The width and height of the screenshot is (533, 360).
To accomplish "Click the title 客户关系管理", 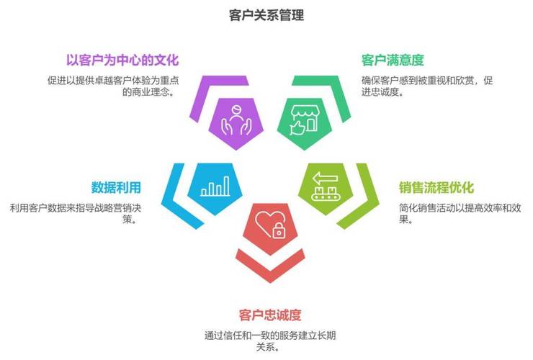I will point(266,14).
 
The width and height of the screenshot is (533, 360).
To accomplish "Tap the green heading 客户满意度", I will point(392,60).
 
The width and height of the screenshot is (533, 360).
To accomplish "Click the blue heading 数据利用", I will point(116,188).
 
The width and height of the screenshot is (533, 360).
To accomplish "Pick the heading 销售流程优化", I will point(436,188).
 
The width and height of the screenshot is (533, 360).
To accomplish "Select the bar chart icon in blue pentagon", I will point(215,186).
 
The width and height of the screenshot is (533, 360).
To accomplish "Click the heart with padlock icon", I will point(267,224).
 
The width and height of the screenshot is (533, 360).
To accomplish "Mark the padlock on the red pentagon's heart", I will point(277,231).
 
